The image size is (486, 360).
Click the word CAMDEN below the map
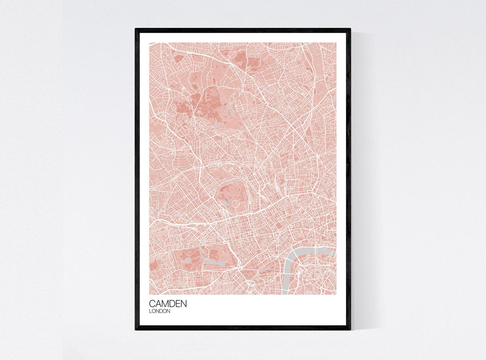tap(168, 304)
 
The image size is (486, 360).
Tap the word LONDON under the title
tap(159, 311)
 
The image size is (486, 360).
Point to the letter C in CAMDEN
tap(152, 304)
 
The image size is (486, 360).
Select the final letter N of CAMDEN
tap(183, 304)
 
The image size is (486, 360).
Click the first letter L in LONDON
tap(150, 311)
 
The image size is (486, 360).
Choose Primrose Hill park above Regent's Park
tap(221, 167)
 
